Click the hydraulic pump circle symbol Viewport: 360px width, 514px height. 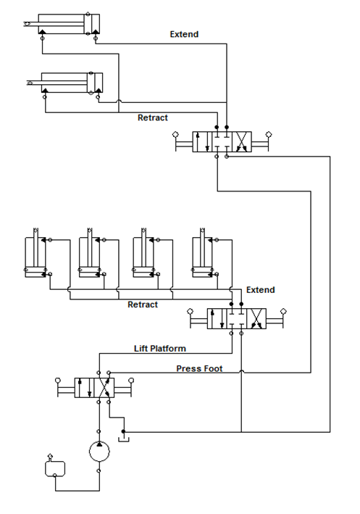pos(99,451)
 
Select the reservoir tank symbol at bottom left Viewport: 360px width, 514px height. pos(55,468)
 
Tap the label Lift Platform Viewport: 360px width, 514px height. pos(160,349)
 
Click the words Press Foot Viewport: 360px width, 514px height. pos(199,368)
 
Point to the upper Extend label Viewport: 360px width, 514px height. pos(184,34)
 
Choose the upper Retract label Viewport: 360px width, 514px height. pos(153,117)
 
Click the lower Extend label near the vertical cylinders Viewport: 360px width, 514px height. pos(261,290)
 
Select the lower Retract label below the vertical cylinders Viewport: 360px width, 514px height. pos(143,304)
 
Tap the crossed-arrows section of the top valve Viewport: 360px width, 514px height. pos(242,142)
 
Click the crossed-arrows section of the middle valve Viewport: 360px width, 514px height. pos(256,319)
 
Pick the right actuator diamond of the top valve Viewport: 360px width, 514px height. pos(269,134)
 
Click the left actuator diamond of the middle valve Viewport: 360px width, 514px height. pos(190,311)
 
